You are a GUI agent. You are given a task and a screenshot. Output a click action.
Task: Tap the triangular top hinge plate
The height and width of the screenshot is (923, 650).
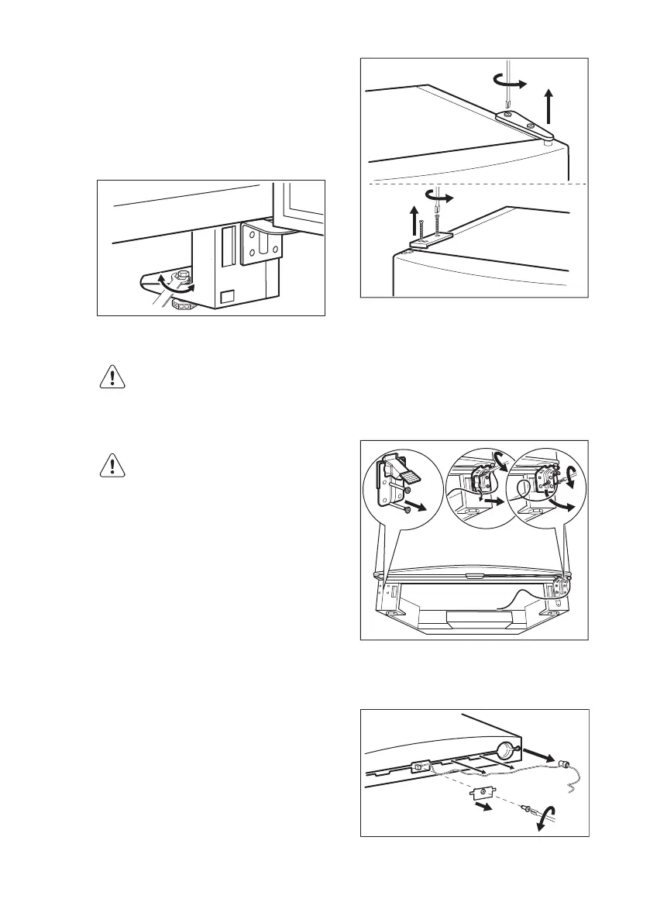(517, 120)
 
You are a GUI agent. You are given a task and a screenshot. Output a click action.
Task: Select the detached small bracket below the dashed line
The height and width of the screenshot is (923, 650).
(483, 791)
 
